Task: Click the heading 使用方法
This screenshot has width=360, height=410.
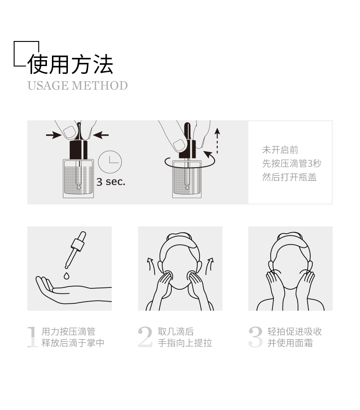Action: tap(70, 64)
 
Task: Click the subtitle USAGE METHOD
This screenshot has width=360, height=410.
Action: tap(78, 86)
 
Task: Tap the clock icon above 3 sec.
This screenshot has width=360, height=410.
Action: tap(110, 162)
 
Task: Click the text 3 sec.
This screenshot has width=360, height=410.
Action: tap(111, 181)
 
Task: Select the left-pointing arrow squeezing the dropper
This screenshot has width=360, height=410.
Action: tap(100, 135)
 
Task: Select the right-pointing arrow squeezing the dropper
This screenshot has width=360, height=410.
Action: tap(54, 135)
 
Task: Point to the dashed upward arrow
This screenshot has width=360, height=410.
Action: tap(217, 141)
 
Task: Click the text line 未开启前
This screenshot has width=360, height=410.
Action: tap(280, 150)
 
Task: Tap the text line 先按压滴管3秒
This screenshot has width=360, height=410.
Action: tap(292, 164)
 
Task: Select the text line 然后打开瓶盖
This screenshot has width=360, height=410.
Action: tap(289, 177)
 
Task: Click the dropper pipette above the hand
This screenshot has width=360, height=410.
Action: tap(76, 250)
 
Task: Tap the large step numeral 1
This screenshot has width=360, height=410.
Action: tap(32, 337)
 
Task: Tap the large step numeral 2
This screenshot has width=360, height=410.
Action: tap(145, 337)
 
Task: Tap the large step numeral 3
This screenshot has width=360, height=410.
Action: tap(255, 337)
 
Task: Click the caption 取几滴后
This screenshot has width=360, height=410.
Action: tap(176, 332)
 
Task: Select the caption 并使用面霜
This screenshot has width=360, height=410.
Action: tap(290, 343)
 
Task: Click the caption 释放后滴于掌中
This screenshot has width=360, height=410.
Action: tap(73, 343)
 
